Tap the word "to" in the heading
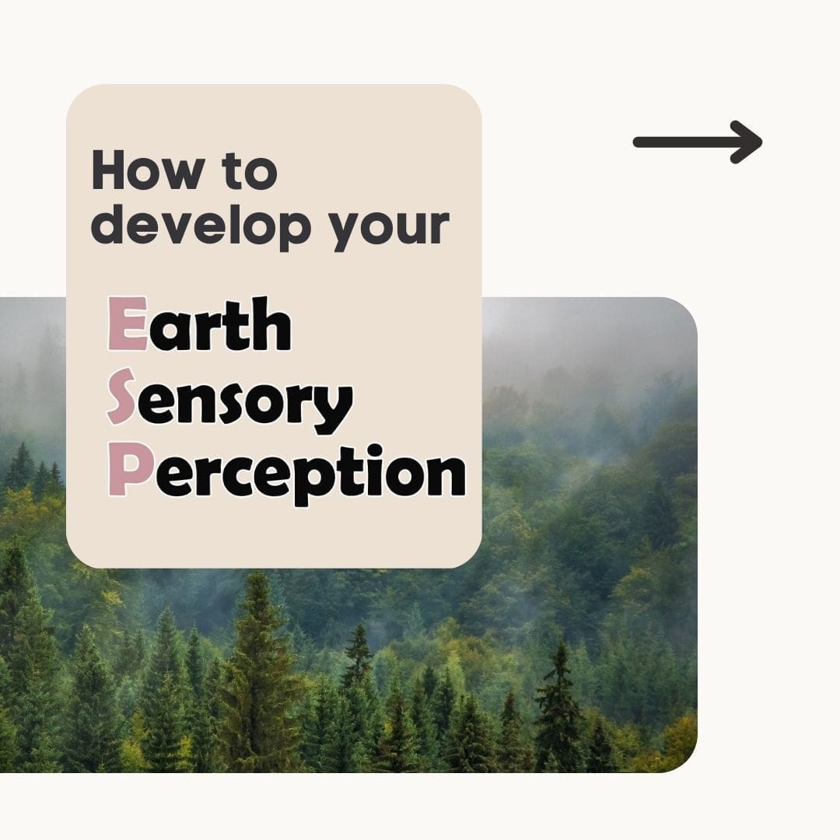coord(250,171)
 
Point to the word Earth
coord(200,324)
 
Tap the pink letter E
coord(128,324)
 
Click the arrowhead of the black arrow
coord(748,142)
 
